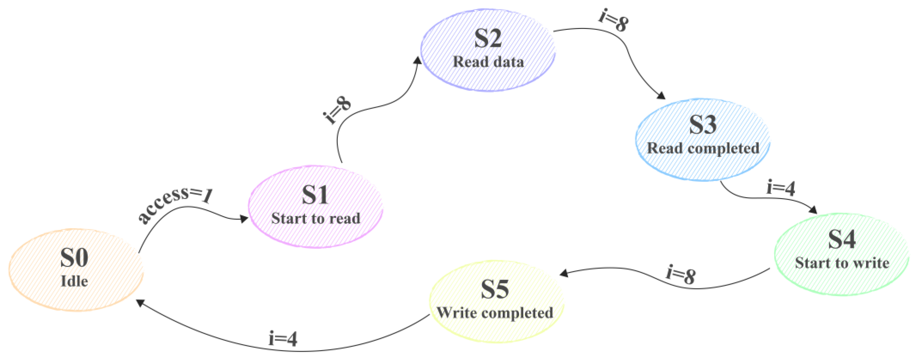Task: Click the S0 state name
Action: (74, 258)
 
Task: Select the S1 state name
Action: (315, 195)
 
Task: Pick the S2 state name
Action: (488, 38)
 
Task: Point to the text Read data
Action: (488, 62)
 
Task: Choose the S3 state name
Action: (703, 125)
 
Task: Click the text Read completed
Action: (703, 148)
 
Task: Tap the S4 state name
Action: (841, 239)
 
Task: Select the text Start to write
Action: (842, 263)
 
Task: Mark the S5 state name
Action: (495, 289)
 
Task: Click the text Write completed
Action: (495, 313)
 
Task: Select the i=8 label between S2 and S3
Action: (613, 20)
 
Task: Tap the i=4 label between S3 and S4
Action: (780, 188)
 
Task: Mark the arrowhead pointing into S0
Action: (140, 303)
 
